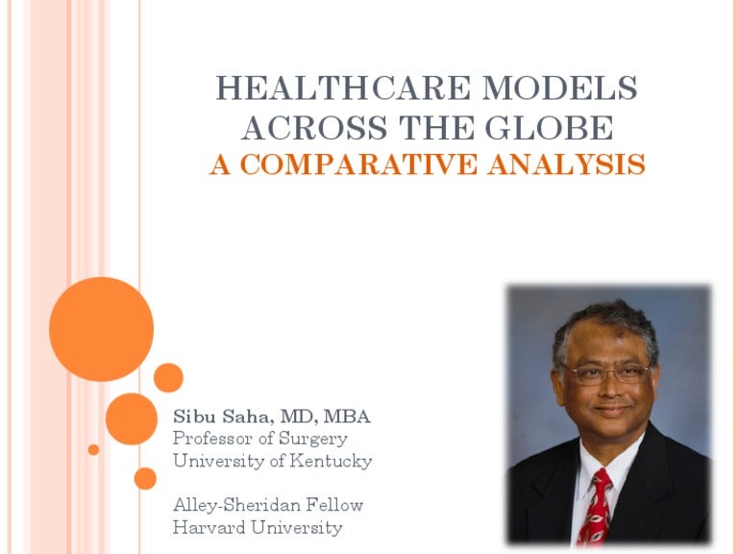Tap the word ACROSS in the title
[x=314, y=127]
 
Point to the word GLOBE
[x=550, y=127]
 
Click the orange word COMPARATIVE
[x=358, y=164]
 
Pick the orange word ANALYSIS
[x=566, y=164]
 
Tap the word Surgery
[x=313, y=439]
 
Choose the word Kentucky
[x=331, y=461]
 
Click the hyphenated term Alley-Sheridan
[x=236, y=506]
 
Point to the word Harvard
[x=209, y=527]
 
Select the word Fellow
[x=334, y=505]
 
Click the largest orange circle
[x=101, y=329]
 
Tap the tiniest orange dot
[x=93, y=449]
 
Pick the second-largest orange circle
[x=132, y=418]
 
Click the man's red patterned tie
[x=596, y=507]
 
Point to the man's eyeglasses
[x=606, y=374]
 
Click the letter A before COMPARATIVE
[x=220, y=164]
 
